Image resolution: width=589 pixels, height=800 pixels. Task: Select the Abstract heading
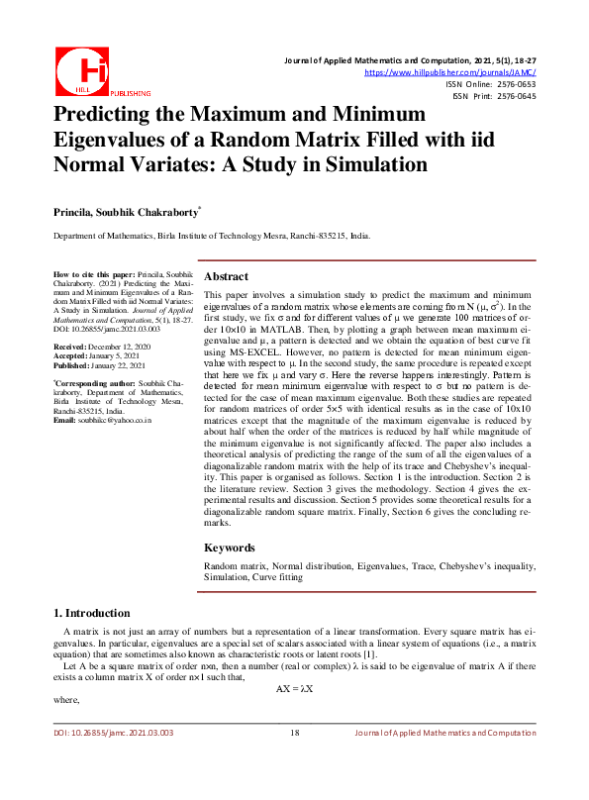[226, 276]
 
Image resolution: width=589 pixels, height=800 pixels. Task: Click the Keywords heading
[230, 548]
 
